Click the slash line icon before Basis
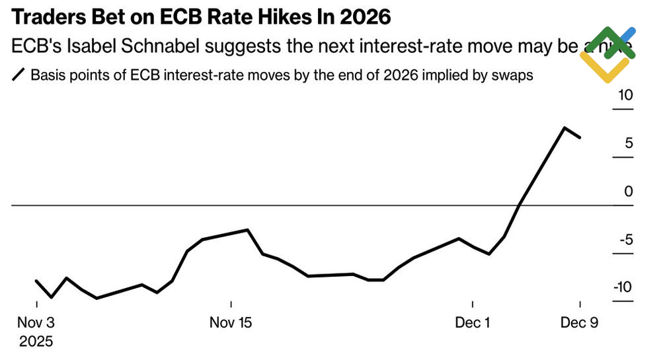[19, 75]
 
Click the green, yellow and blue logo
[607, 54]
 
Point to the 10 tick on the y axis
[625, 95]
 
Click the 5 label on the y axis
[629, 143]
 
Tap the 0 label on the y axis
[629, 192]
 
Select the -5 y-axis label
[625, 239]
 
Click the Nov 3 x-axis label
[36, 323]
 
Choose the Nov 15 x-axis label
[231, 323]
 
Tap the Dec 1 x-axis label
[473, 323]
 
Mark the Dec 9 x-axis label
[580, 323]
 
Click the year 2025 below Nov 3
[36, 342]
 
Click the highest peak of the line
[564, 127]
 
